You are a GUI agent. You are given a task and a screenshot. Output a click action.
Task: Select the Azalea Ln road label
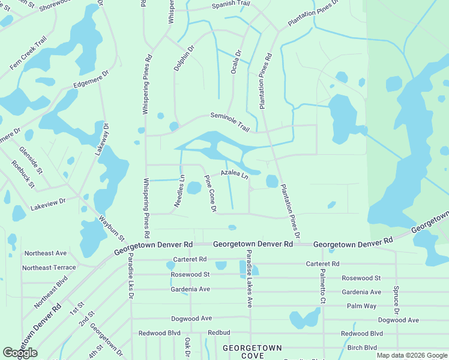click(234, 175)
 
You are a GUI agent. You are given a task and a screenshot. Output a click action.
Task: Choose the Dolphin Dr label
click(184, 58)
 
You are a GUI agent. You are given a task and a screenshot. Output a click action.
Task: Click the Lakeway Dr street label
click(101, 139)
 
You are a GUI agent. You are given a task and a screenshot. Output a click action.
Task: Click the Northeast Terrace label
click(49, 268)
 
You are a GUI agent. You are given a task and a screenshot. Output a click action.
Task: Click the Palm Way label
click(361, 306)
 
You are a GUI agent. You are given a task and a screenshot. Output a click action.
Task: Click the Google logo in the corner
click(20, 353)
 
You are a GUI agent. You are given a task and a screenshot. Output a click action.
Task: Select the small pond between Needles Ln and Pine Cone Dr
click(194, 188)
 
